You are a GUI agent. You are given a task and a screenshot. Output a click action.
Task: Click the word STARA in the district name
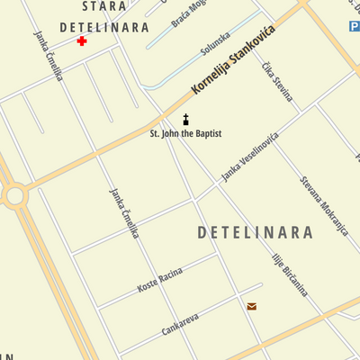(x=104, y=7)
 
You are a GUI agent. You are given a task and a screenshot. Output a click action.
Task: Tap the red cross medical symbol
(x=82, y=41)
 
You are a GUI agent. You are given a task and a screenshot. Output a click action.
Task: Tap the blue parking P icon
(x=354, y=28)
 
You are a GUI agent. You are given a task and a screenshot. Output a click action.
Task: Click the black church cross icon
(x=186, y=121)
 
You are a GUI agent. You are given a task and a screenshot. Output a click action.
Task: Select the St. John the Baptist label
(x=185, y=134)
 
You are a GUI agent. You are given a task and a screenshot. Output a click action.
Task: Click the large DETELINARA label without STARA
(x=255, y=233)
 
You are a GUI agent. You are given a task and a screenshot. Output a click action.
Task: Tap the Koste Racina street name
(x=159, y=281)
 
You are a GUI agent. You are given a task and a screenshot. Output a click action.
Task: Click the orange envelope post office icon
(x=252, y=307)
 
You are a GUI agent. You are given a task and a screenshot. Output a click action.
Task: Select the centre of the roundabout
(x=13, y=195)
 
